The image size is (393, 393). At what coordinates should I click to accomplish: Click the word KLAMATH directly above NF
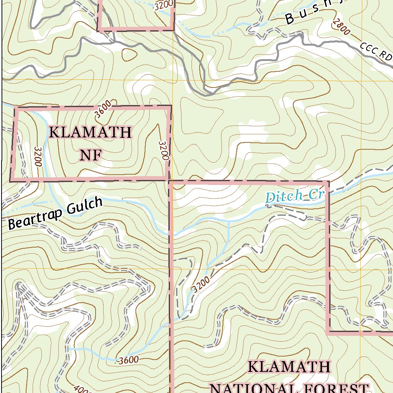(x=91, y=133)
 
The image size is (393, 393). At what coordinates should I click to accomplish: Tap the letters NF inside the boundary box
(x=91, y=155)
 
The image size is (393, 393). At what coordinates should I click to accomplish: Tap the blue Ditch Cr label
(x=295, y=196)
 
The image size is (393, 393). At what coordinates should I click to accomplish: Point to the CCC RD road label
(x=376, y=51)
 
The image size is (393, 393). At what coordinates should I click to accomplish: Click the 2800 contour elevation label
(x=342, y=26)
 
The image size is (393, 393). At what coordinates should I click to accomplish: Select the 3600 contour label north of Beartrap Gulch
(x=103, y=109)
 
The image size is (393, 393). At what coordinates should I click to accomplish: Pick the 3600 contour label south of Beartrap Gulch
(x=128, y=360)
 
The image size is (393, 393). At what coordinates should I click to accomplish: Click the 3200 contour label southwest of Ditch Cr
(x=201, y=284)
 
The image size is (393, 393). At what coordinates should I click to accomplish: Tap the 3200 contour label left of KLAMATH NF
(x=37, y=156)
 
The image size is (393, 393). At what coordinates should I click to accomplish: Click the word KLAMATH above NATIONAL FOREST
(x=289, y=367)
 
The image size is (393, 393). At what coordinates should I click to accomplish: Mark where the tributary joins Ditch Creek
(x=229, y=221)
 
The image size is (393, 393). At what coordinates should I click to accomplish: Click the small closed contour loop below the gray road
(x=129, y=54)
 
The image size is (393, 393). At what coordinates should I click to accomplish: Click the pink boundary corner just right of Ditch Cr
(x=327, y=182)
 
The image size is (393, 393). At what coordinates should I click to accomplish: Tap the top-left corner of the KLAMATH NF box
(x=16, y=109)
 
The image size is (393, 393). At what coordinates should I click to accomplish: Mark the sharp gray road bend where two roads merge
(x=210, y=93)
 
